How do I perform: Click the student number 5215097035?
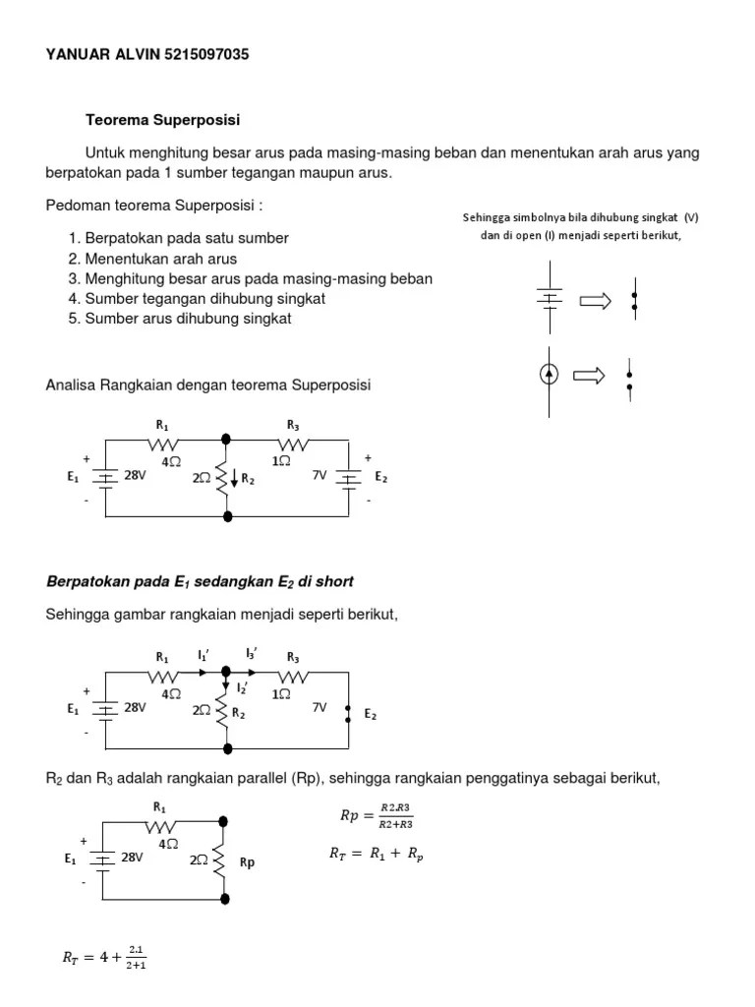point(203,55)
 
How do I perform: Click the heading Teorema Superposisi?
point(163,120)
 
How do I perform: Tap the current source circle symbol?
point(550,375)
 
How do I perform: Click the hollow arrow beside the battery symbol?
point(595,301)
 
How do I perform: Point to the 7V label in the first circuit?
point(319,475)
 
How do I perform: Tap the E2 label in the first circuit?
point(380,477)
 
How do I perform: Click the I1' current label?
point(203,654)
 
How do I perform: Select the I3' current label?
point(252,654)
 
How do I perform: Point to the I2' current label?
point(242,687)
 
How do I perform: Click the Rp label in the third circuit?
point(247,862)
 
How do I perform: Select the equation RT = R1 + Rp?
point(376,855)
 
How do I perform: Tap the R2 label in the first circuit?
point(249,480)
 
